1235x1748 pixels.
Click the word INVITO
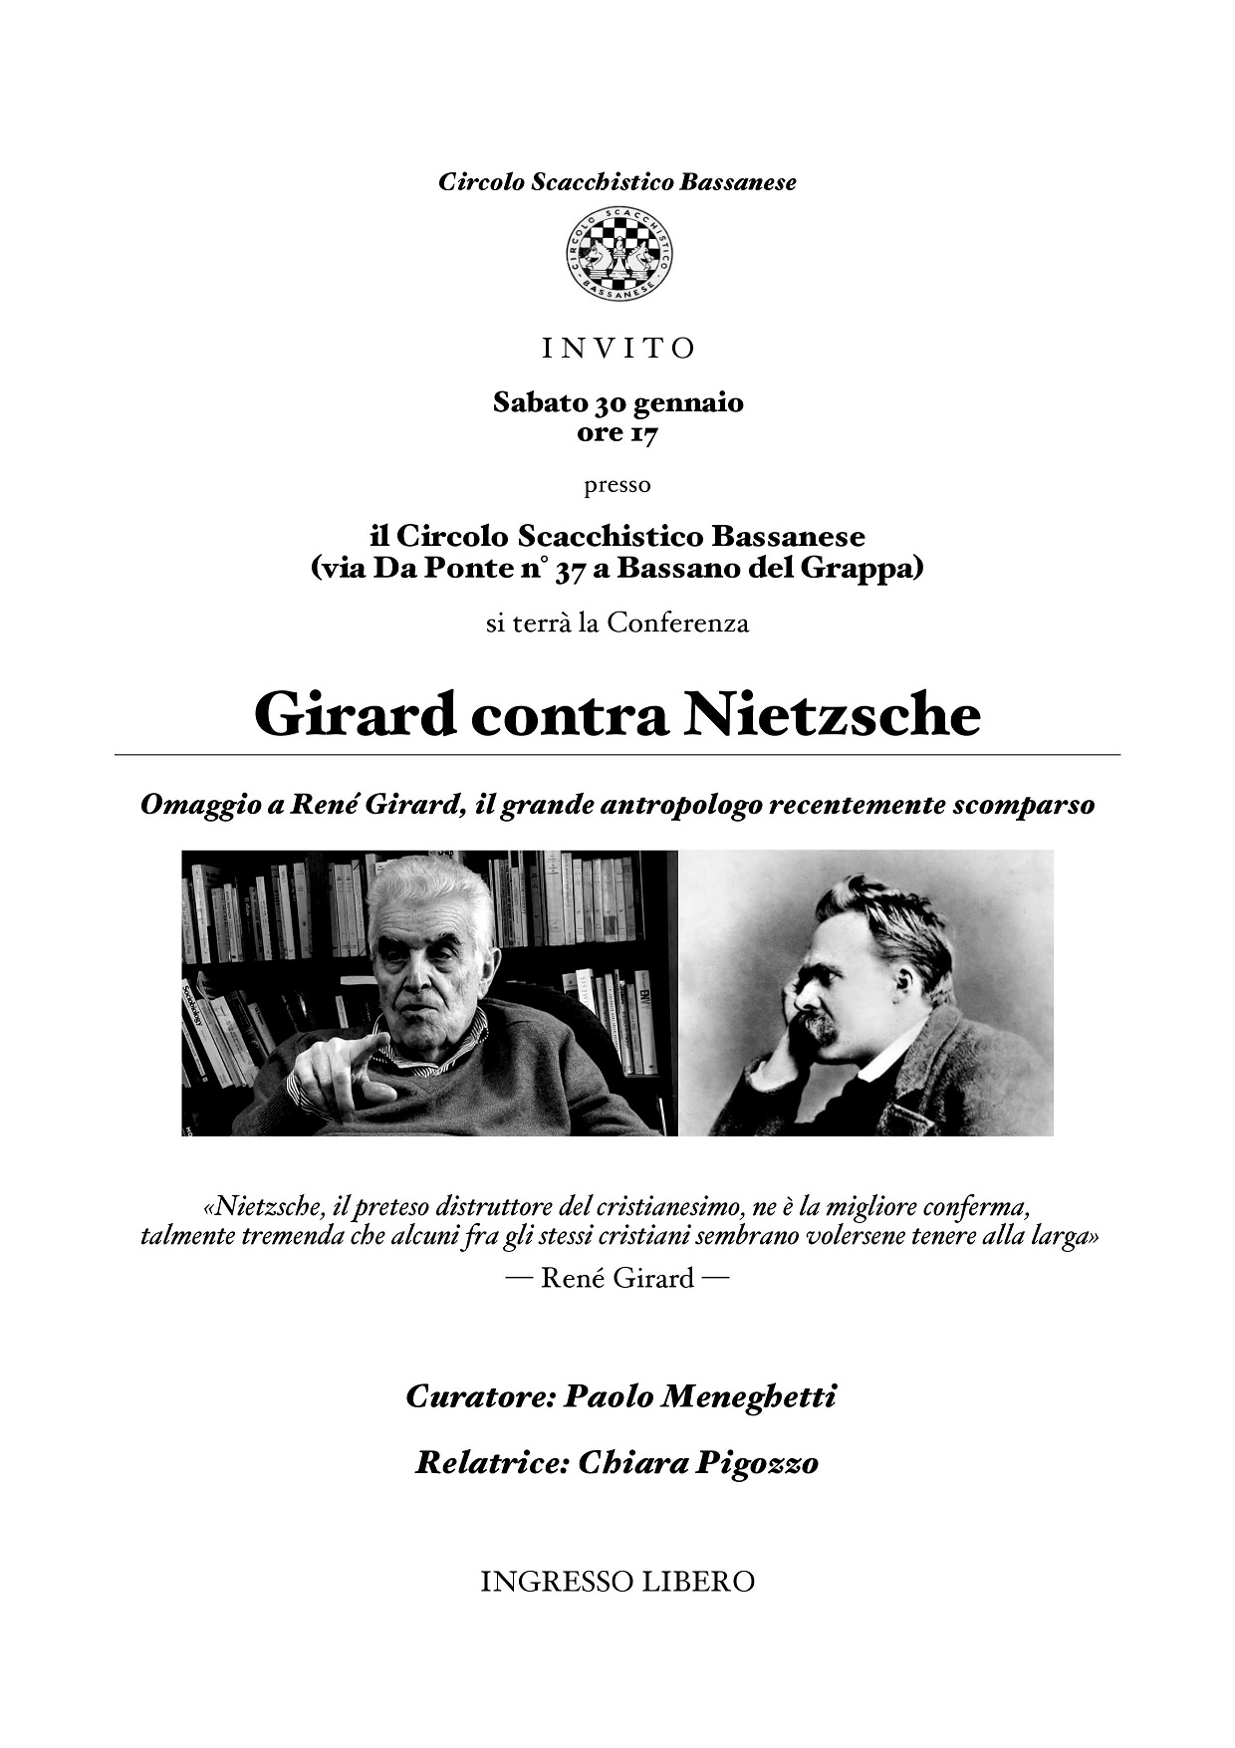(617, 349)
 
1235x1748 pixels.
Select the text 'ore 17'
(617, 433)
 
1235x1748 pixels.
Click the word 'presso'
(617, 485)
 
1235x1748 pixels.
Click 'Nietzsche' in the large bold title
(832, 715)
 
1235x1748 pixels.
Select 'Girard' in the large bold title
(354, 715)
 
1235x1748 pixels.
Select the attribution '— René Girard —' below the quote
(617, 1278)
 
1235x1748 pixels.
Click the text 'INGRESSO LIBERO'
(617, 1581)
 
